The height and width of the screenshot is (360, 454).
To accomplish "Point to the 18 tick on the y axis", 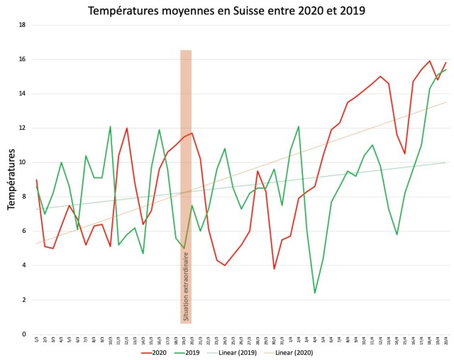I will coord(23,25).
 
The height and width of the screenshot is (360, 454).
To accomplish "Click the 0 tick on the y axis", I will coord(23,334).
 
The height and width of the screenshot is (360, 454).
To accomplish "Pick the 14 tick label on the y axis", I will coord(23,94).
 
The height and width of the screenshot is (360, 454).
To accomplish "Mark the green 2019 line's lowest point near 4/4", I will coord(315,293).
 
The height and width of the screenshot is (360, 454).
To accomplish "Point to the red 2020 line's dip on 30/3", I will coord(274,268).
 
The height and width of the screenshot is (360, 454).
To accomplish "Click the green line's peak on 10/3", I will coord(110,126).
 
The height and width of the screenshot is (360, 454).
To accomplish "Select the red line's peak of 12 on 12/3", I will coord(126,129).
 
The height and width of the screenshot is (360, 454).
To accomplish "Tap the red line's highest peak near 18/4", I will coord(430,61).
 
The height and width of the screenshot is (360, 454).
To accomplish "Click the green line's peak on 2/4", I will coord(299,126).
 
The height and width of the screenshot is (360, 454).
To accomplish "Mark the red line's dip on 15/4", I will coord(405,153).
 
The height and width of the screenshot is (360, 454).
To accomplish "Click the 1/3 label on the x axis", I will coord(36,341).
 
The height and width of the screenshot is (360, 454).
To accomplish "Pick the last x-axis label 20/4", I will coord(446,341).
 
